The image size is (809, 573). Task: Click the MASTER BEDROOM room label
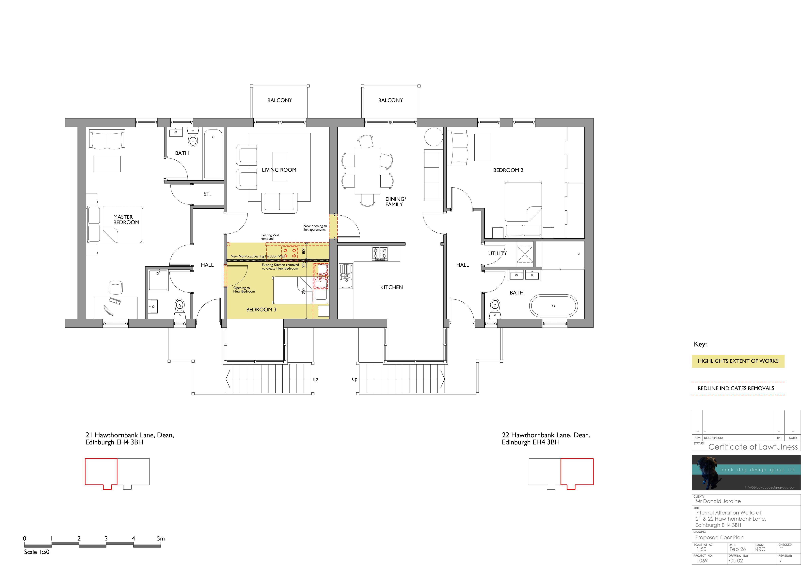click(x=126, y=220)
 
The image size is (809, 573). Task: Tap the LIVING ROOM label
click(x=279, y=170)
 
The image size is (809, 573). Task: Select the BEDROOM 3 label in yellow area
click(x=261, y=309)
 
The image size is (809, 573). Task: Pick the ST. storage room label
click(x=207, y=194)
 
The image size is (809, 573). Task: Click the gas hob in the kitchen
click(x=379, y=253)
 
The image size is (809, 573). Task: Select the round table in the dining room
click(x=433, y=137)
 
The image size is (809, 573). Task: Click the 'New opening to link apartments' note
click(x=315, y=228)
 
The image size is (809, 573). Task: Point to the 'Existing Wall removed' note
click(x=270, y=237)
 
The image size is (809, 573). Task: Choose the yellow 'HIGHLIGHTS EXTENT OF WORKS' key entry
click(x=738, y=361)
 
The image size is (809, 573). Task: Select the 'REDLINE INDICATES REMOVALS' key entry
click(x=736, y=388)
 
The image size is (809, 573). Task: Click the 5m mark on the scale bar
click(x=161, y=538)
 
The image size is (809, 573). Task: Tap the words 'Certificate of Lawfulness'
click(x=753, y=447)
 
